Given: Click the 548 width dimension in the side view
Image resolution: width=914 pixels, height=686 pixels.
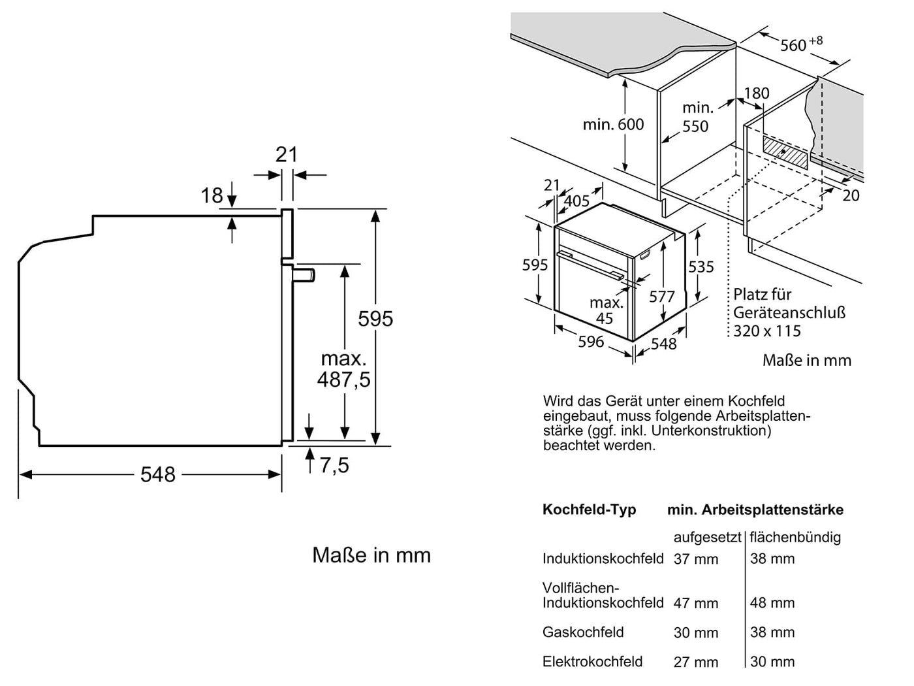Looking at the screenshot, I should tap(158, 474).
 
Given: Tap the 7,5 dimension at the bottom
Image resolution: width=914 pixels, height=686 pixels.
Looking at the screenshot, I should tap(334, 465).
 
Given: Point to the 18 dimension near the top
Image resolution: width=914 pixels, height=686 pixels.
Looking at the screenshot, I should tap(212, 195).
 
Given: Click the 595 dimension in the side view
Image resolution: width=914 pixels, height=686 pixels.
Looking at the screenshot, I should tap(375, 319).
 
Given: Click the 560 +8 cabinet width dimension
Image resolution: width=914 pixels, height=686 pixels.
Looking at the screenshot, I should tap(800, 44).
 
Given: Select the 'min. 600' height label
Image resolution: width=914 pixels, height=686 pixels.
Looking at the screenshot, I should tap(613, 124).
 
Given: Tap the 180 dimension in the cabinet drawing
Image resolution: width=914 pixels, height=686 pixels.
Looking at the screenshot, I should tap(757, 93).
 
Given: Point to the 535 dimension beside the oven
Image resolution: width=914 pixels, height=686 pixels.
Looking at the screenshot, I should tap(701, 267).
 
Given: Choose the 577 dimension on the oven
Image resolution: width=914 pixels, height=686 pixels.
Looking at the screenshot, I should tap(661, 297).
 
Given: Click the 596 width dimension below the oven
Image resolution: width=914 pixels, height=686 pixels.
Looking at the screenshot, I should tap(591, 342).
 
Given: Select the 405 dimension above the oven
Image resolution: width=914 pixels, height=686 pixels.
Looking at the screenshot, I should tap(576, 201).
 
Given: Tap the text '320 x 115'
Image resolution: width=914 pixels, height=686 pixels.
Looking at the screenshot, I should tap(766, 331).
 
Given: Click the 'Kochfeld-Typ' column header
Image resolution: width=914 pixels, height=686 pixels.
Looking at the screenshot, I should tap(589, 510).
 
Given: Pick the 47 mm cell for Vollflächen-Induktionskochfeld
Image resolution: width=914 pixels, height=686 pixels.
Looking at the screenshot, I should tap(695, 603).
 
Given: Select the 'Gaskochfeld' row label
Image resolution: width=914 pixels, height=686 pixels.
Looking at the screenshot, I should tap(583, 632).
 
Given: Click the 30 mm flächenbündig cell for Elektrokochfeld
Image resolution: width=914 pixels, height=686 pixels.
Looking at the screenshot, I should tap(772, 662).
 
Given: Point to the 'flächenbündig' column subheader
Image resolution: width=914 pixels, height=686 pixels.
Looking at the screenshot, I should tap(795, 537).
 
